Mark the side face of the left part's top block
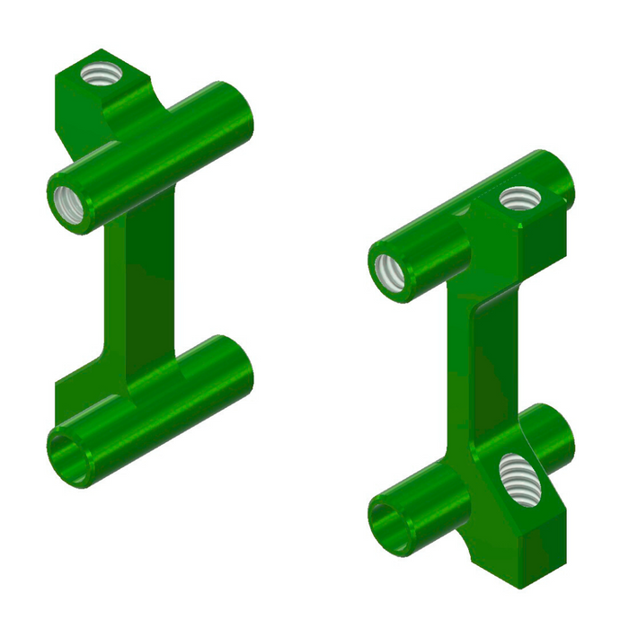coord(81,117)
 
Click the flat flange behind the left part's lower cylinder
coord(85,391)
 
